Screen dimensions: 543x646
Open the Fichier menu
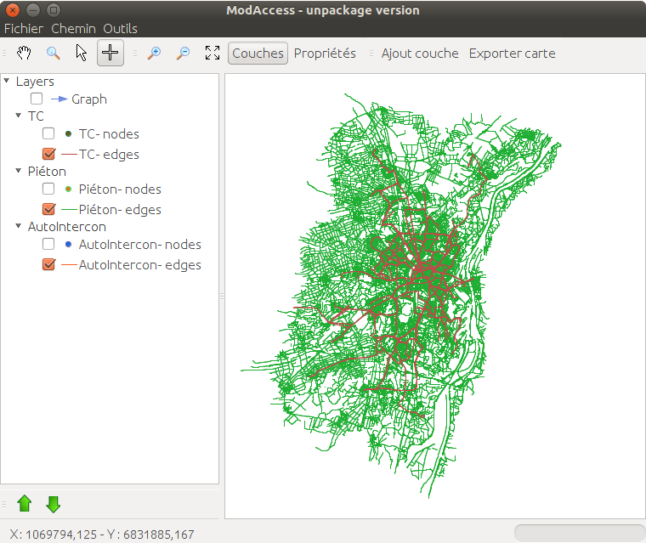click(x=23, y=28)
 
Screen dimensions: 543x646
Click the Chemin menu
click(x=73, y=28)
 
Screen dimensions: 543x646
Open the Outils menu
click(x=120, y=28)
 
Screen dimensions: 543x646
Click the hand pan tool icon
click(x=25, y=53)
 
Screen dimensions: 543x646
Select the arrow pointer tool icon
click(x=82, y=53)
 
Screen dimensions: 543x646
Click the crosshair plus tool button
click(x=110, y=53)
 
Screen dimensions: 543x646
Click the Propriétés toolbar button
click(x=325, y=53)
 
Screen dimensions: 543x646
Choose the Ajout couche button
click(x=420, y=53)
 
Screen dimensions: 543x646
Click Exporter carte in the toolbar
click(x=512, y=53)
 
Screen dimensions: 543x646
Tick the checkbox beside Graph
click(x=37, y=99)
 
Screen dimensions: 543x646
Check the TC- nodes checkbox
click(x=48, y=133)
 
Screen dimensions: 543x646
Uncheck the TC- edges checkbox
click(x=48, y=155)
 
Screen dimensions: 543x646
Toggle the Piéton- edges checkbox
click(x=48, y=209)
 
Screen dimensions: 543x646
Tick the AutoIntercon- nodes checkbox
click(x=48, y=245)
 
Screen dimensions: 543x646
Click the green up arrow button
click(x=25, y=504)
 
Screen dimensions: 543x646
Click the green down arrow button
click(x=54, y=504)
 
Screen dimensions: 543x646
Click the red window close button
click(x=13, y=10)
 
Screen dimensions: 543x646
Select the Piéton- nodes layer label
click(x=119, y=189)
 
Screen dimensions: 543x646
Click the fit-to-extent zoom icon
click(x=212, y=53)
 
